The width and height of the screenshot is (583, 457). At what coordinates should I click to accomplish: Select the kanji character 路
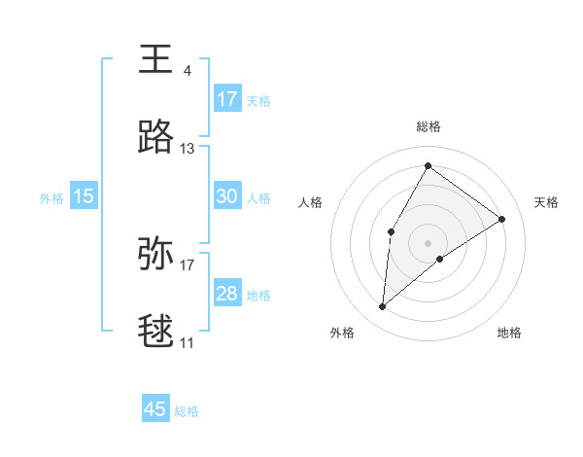click(156, 138)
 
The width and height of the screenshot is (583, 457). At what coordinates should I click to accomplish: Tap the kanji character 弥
click(156, 253)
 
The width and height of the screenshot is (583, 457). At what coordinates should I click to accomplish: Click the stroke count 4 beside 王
click(187, 70)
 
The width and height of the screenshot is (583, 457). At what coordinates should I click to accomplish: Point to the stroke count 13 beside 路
click(188, 149)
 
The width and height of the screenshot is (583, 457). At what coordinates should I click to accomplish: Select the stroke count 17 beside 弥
click(188, 264)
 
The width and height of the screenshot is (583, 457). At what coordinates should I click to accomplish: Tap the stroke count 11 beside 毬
click(188, 342)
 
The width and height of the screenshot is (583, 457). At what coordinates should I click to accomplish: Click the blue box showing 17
click(227, 99)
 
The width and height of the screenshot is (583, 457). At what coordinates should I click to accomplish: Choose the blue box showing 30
click(227, 196)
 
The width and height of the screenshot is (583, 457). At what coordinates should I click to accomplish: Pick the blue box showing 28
click(227, 294)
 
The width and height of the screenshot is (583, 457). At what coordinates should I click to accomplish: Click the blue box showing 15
click(84, 196)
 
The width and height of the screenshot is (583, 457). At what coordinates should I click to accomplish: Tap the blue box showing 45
click(155, 409)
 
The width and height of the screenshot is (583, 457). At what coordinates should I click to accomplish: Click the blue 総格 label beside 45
click(187, 411)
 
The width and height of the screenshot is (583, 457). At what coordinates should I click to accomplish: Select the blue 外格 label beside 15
click(51, 198)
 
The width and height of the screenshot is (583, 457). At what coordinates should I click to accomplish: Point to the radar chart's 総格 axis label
click(428, 126)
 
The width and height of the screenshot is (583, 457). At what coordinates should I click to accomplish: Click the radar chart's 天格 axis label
click(546, 202)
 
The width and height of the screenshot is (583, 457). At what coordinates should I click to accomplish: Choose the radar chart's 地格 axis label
click(509, 333)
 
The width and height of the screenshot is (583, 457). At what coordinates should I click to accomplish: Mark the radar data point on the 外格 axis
click(383, 307)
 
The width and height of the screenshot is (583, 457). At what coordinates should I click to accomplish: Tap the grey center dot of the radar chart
click(428, 242)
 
